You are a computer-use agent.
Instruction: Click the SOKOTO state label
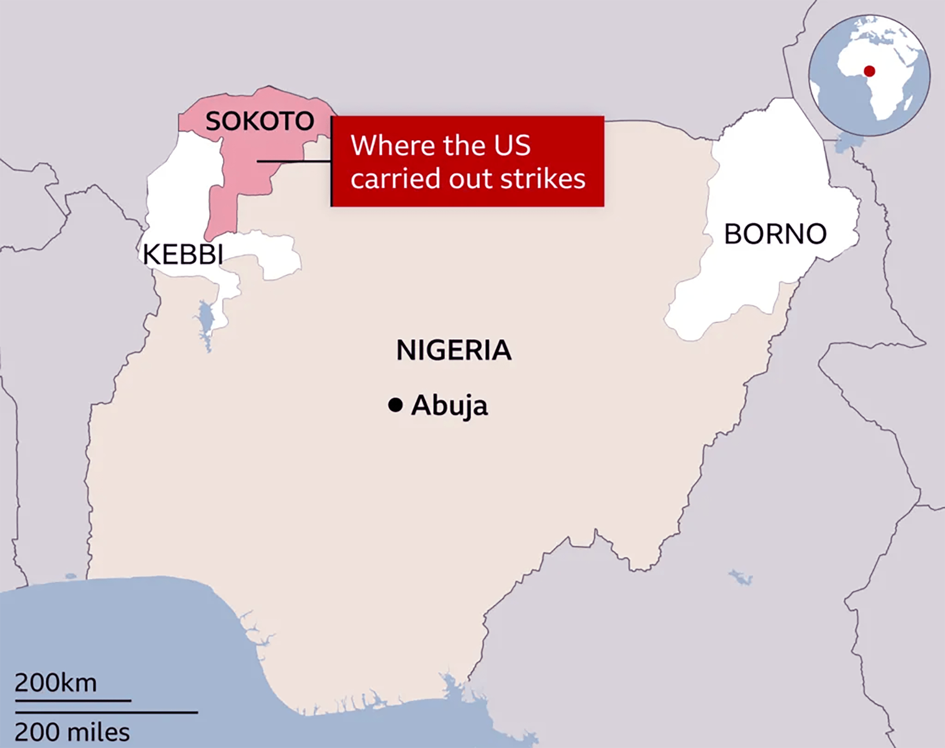(x=259, y=121)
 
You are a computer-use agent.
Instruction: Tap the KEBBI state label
(x=183, y=255)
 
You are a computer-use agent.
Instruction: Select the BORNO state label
(x=775, y=234)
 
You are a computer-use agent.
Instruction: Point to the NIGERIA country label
(x=454, y=350)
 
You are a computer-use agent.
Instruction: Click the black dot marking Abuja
(x=395, y=405)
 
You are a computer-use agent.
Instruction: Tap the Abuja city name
(x=449, y=406)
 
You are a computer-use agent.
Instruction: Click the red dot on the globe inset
(x=869, y=71)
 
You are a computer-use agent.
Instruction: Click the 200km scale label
(x=56, y=683)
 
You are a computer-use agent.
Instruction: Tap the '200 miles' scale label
(x=72, y=732)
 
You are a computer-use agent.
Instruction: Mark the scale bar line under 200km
(x=73, y=700)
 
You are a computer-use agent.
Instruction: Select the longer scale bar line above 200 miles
(x=106, y=712)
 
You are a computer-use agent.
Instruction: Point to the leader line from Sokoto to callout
(x=293, y=161)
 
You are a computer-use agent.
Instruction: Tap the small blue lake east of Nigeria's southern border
(x=741, y=577)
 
